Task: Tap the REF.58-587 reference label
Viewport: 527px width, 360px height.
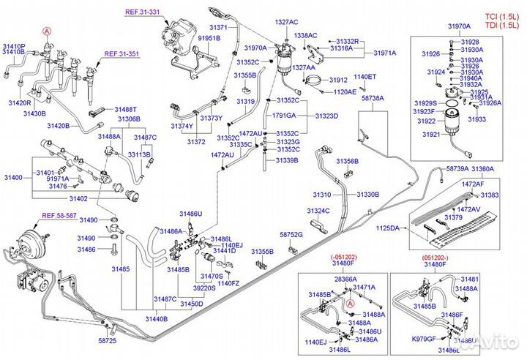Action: [x=59, y=215]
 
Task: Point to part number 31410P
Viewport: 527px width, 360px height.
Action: [x=14, y=46]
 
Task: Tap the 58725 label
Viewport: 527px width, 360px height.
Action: [x=107, y=341]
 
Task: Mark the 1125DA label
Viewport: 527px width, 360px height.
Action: [x=389, y=228]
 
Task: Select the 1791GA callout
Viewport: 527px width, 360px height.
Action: [x=285, y=116]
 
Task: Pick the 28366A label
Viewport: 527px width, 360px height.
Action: [x=344, y=279]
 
